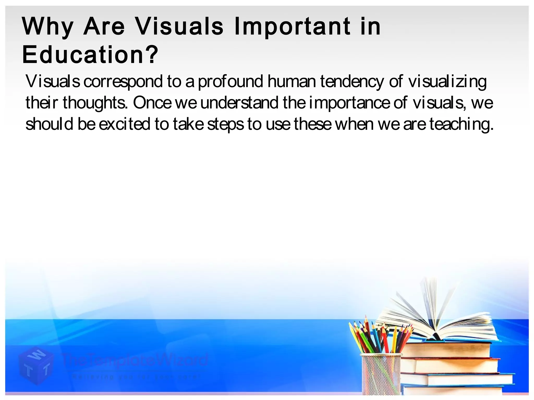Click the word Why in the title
click(x=48, y=27)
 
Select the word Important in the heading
click(x=292, y=27)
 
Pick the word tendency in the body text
click(x=352, y=82)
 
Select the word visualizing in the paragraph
click(x=447, y=82)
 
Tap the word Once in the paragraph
click(x=152, y=103)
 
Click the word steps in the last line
click(x=226, y=124)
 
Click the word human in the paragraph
click(x=292, y=82)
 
